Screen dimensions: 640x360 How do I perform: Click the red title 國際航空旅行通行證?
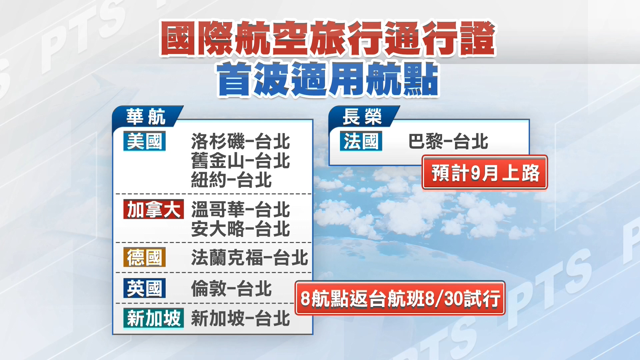click(x=328, y=38)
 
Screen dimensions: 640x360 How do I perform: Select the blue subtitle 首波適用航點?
click(x=328, y=79)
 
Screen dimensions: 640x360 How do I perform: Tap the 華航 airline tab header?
click(x=146, y=117)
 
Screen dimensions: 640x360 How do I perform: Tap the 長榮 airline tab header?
click(x=362, y=117)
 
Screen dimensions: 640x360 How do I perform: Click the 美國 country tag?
click(x=144, y=141)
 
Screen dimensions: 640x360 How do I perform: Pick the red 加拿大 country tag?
click(x=153, y=209)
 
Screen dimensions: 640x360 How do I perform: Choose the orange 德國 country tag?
click(x=144, y=257)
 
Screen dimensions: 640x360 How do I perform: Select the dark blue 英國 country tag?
click(x=144, y=288)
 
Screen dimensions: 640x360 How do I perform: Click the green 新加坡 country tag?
click(x=153, y=318)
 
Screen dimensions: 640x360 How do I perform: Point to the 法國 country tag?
click(x=361, y=141)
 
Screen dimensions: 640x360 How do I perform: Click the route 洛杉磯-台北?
click(x=240, y=141)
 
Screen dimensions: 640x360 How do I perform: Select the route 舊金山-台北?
click(x=240, y=161)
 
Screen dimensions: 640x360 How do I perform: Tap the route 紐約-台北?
click(x=231, y=180)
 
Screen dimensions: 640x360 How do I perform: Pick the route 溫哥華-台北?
click(x=240, y=210)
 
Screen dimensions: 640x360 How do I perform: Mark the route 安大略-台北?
click(x=240, y=229)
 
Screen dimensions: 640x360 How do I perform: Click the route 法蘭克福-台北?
click(x=249, y=258)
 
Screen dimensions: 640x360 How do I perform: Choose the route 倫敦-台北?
click(x=231, y=288)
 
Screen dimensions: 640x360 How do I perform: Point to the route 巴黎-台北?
click(x=448, y=141)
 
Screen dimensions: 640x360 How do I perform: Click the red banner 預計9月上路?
click(x=485, y=173)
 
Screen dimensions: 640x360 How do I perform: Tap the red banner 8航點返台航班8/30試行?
click(x=400, y=298)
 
